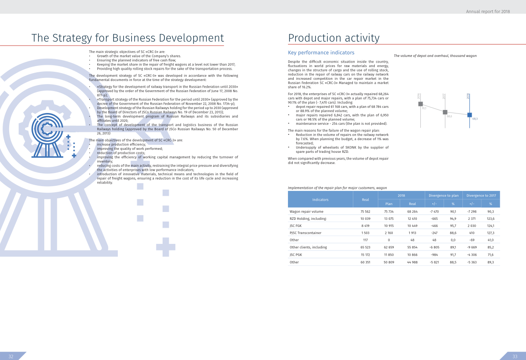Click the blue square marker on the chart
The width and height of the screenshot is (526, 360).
(469, 115)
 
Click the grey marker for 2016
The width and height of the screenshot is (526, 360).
(420, 104)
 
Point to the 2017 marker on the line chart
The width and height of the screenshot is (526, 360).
(445, 112)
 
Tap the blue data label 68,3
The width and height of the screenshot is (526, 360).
(475, 119)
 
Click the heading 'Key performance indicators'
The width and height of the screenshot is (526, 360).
(321, 53)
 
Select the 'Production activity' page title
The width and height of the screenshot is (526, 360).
(334, 38)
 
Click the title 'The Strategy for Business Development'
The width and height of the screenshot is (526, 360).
(128, 38)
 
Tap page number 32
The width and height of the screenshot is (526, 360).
(11, 356)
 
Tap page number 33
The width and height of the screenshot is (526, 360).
(515, 356)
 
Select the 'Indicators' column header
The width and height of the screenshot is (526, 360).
(320, 199)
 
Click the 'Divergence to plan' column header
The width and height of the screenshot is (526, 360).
(444, 195)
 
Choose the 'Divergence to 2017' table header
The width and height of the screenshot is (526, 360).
(481, 195)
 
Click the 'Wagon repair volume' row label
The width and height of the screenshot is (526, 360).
(307, 211)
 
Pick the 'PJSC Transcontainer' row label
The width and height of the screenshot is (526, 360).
(305, 233)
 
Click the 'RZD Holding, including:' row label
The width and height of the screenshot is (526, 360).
(308, 218)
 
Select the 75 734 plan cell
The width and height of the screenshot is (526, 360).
(389, 211)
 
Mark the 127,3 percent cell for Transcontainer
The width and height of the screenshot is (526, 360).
(490, 233)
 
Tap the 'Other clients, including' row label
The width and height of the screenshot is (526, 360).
(308, 247)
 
